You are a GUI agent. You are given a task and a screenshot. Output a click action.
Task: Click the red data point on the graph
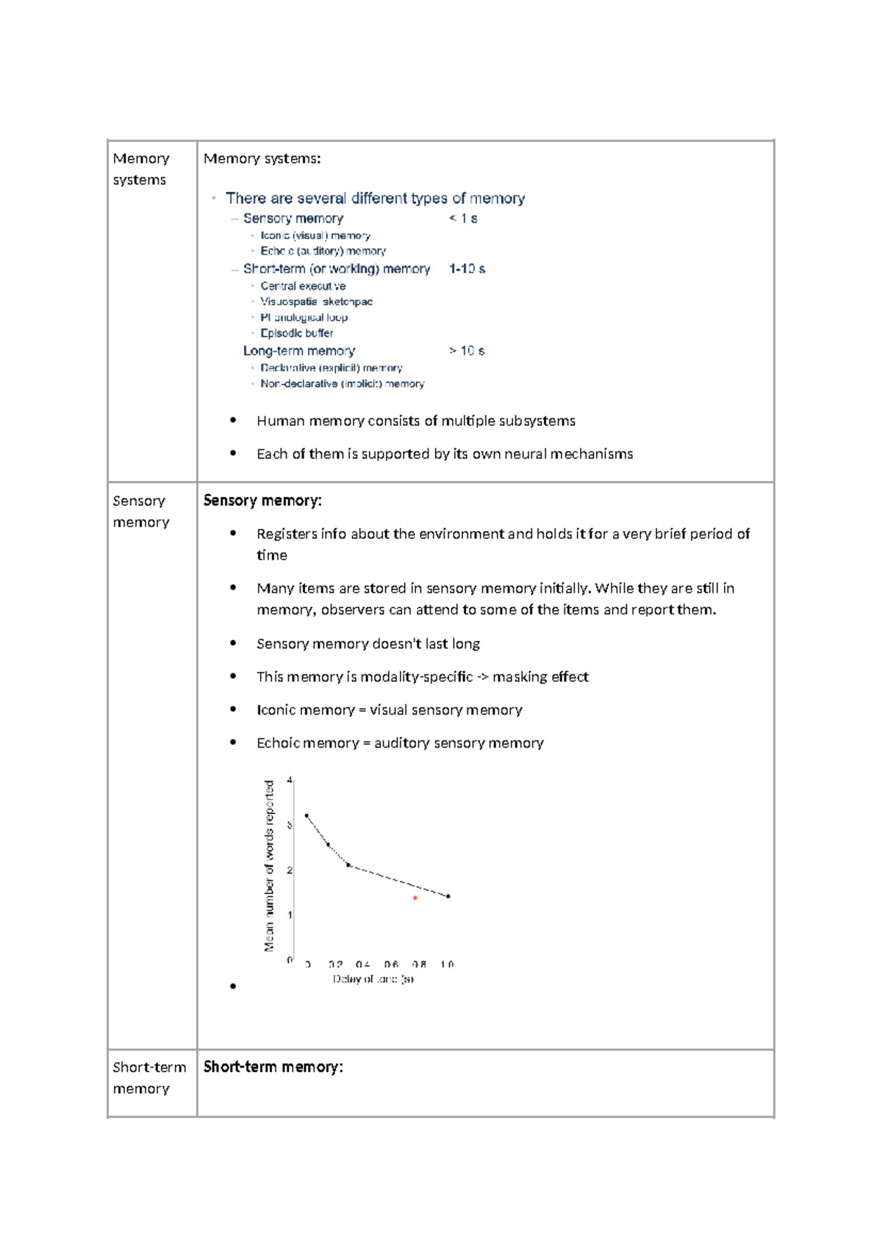[x=415, y=898]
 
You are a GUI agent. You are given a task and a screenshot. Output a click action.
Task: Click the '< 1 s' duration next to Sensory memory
[x=463, y=218]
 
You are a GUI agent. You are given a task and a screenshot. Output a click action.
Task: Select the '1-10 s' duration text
[x=467, y=269]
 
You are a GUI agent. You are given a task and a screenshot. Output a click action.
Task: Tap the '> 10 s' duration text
[x=467, y=351]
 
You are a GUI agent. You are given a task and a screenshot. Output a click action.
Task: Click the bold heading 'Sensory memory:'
[x=262, y=501]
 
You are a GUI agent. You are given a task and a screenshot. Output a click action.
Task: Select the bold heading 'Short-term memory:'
[x=273, y=1067]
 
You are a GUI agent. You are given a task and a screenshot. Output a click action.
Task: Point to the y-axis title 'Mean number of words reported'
[x=269, y=866]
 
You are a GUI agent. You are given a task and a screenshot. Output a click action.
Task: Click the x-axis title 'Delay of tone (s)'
[x=373, y=979]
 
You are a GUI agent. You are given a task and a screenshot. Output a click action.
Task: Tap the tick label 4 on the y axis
[x=290, y=780]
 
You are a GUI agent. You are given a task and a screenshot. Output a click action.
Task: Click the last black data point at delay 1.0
[x=448, y=896]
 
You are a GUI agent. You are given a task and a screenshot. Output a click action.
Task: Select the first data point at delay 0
[x=306, y=815]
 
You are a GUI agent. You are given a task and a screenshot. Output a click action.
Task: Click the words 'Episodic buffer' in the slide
[x=296, y=333]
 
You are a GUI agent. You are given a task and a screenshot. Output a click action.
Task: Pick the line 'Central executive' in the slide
[x=303, y=286]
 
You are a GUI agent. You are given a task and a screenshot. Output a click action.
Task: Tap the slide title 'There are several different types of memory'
[x=375, y=199]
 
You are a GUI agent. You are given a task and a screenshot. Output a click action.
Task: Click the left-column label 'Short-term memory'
[x=148, y=1077]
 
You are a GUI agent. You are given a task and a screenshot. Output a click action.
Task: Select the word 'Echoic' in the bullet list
[x=279, y=743]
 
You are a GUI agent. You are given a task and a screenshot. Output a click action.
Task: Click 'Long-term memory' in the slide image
[x=298, y=351]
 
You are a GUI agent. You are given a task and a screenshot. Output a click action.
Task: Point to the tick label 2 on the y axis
[x=290, y=870]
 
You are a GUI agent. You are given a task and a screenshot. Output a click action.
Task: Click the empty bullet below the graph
[x=233, y=987]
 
